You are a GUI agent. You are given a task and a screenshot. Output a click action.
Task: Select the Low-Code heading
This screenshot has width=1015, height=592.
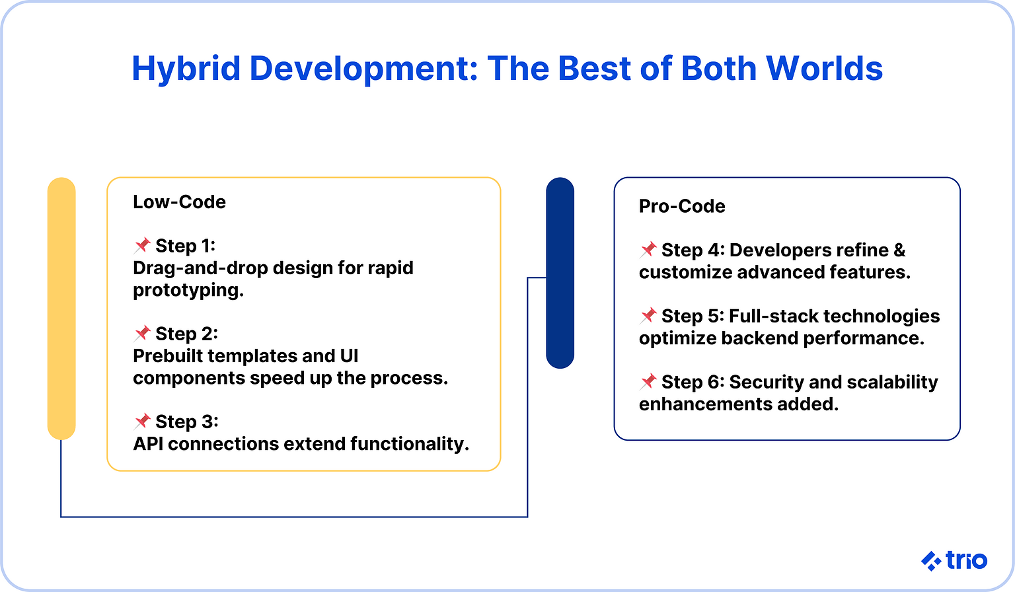179,202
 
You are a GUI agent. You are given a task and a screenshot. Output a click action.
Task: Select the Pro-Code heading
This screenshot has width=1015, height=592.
682,206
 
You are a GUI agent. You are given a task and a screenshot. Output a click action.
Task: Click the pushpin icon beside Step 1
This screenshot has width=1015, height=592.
142,246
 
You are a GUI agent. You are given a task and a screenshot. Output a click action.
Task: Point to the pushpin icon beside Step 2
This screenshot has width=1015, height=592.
142,334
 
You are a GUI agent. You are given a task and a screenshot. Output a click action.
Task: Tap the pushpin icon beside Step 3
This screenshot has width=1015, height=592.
142,422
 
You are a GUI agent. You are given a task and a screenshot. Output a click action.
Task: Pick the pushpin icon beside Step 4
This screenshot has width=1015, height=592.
648,250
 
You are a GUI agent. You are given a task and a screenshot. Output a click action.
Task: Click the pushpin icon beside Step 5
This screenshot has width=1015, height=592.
648,316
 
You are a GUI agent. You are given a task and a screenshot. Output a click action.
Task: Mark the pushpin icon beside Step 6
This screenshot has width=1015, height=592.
648,382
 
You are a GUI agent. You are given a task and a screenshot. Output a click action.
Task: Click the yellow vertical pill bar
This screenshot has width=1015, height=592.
61,308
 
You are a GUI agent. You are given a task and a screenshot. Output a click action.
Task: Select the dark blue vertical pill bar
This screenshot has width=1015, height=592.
560,272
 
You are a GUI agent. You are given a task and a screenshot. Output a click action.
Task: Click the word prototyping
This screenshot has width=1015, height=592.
188,291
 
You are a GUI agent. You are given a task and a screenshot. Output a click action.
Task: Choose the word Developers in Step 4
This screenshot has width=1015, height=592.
771,250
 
